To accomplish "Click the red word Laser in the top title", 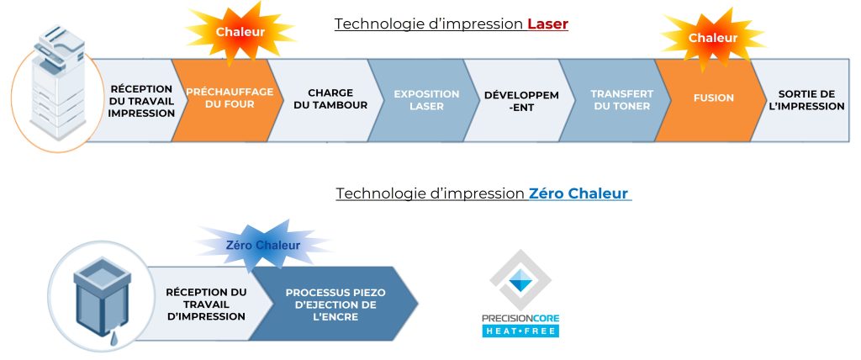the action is tap(547, 24).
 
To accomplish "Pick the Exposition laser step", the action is tap(424, 100).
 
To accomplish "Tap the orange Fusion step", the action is tap(711, 100).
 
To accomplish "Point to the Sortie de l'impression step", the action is tap(806, 100).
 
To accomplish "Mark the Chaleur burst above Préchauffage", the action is tap(240, 32).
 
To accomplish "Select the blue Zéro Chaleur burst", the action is tap(263, 245).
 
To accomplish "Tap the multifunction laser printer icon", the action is tap(59, 82).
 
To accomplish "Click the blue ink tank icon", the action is tap(102, 298).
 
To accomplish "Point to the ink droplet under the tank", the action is tap(114, 340).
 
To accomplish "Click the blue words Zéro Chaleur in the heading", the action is tap(578, 193).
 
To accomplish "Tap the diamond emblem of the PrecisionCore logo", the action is tap(520, 280).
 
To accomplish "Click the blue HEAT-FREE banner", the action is tap(520, 331).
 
